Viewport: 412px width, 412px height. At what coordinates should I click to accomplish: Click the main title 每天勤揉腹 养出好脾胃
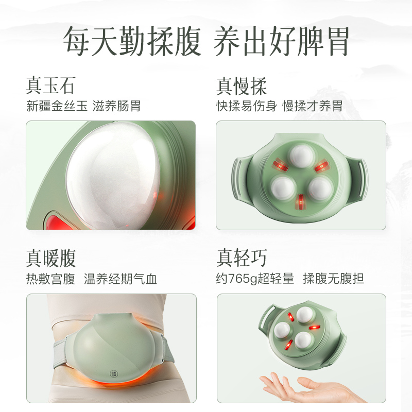[206, 41]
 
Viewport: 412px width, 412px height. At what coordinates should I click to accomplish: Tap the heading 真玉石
[50, 85]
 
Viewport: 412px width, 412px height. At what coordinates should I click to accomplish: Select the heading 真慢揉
[241, 85]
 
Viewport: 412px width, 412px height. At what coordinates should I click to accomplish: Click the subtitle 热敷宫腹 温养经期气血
[91, 279]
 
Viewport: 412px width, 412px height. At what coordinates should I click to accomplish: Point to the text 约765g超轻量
[255, 279]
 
